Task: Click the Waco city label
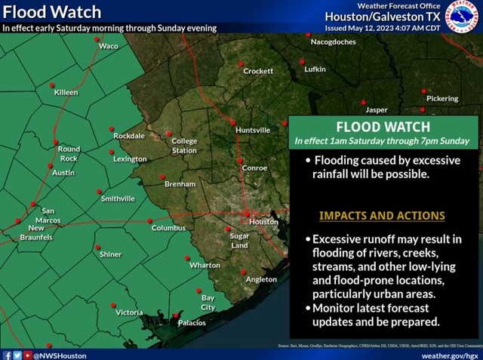pos(108,46)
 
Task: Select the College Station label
pos(184,146)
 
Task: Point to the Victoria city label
pos(128,312)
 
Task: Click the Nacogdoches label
pos(333,42)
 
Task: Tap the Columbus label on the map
pos(168,227)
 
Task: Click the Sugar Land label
pos(238,240)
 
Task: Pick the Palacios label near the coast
pos(192,322)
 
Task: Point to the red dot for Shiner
pos(97,247)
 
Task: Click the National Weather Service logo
pos(461,17)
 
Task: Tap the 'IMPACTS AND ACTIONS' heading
pos(382,215)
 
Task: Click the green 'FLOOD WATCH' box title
pos(383,127)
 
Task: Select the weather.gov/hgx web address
pos(450,355)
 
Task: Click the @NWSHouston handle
pos(60,355)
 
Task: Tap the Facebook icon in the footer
pos(7,355)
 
